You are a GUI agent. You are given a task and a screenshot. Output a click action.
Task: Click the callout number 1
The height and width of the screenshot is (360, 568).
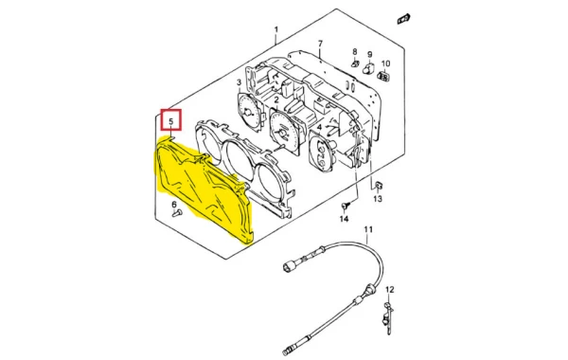click(x=276, y=29)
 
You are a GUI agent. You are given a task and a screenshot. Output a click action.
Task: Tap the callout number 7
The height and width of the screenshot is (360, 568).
click(x=320, y=44)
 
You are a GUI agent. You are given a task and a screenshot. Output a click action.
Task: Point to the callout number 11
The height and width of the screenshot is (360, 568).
click(x=368, y=229)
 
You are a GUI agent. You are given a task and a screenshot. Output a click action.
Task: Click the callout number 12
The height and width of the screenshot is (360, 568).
click(x=389, y=290)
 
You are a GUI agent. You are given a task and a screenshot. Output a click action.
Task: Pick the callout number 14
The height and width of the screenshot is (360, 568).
click(x=344, y=219)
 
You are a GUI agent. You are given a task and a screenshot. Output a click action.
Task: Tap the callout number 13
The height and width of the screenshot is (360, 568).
click(x=378, y=199)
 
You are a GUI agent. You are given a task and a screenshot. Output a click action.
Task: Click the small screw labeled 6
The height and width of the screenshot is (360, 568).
click(x=177, y=213)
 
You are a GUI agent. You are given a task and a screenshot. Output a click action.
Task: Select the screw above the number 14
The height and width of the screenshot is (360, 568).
click(x=345, y=207)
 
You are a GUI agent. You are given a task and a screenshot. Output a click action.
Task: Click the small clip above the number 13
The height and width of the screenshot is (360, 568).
click(x=379, y=186)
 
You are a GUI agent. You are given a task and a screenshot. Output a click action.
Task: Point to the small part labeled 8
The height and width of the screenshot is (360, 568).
click(x=355, y=63)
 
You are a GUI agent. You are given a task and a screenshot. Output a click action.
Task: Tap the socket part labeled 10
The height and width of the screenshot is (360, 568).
click(x=383, y=76)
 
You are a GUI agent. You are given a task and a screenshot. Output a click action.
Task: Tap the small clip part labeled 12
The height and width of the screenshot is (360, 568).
click(x=387, y=316)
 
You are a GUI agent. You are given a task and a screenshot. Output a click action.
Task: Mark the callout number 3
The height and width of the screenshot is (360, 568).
click(x=240, y=82)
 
